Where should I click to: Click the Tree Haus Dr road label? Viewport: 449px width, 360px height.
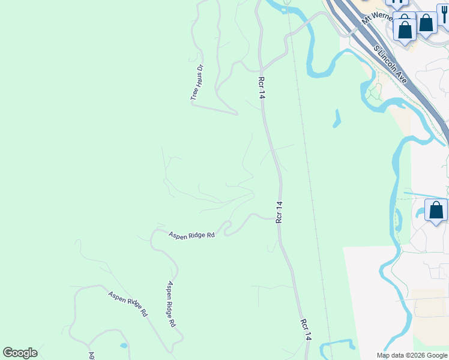(197, 83)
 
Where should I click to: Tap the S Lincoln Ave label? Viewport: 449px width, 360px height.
(390, 64)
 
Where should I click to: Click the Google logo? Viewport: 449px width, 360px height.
(20, 353)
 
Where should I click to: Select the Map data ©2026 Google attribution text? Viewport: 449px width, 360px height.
(412, 355)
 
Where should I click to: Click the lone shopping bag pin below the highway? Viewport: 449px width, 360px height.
(436, 211)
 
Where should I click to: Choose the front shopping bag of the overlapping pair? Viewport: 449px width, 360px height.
(405, 29)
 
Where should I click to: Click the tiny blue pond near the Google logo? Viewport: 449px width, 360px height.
(123, 346)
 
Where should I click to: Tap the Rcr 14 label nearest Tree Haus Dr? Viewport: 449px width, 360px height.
(261, 88)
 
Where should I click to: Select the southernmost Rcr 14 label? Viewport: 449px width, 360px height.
(306, 330)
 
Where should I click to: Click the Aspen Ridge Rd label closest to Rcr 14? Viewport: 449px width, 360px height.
(191, 235)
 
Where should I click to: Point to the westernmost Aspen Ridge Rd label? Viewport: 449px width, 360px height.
(128, 304)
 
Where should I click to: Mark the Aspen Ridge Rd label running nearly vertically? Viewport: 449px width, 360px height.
(171, 304)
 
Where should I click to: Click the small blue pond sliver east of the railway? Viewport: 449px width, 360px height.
(337, 118)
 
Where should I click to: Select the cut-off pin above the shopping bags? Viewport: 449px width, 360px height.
(400, 3)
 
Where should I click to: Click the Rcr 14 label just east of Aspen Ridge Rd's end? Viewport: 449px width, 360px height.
(279, 212)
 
